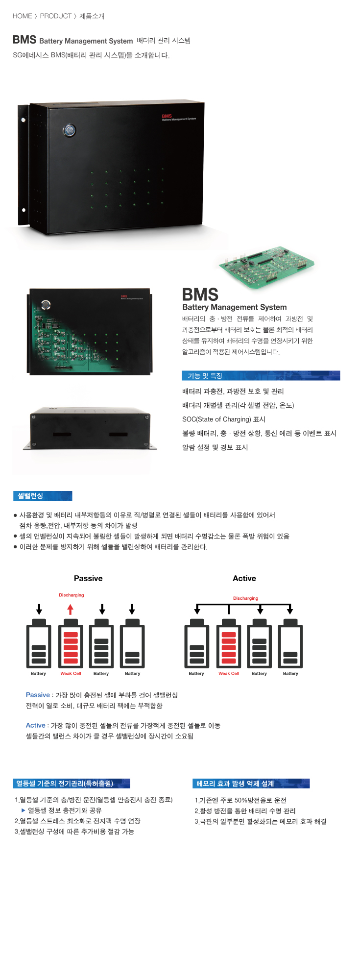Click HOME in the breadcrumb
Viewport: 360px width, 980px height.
point(22,16)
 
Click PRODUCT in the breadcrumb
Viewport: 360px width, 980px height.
point(55,16)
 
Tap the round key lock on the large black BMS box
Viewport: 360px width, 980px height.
point(70,130)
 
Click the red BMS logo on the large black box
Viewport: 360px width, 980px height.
point(167,116)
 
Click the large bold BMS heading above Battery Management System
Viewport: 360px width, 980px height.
point(200,294)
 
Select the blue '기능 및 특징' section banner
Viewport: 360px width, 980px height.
point(261,376)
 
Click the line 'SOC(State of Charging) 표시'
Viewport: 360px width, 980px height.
point(223,419)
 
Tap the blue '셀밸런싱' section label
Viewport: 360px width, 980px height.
point(42,496)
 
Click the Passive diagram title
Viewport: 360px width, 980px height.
point(88,578)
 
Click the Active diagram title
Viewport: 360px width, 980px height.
point(244,578)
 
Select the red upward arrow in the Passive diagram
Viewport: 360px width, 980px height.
point(71,610)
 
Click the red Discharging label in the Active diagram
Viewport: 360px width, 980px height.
point(245,598)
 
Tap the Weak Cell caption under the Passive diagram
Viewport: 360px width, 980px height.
point(71,674)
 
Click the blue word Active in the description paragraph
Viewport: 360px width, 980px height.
point(35,725)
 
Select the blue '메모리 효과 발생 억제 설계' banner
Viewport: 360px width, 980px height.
point(251,784)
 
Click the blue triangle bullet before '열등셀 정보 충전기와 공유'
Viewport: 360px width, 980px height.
point(23,810)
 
